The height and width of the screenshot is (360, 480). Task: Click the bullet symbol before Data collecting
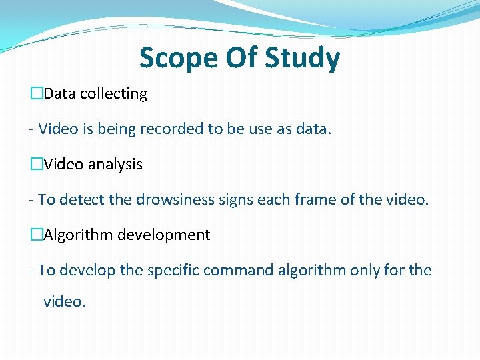pos(36,94)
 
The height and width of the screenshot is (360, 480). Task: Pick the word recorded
pos(174,129)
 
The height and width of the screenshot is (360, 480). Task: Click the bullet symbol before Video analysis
pos(36,165)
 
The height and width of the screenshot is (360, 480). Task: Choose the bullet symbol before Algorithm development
pos(36,235)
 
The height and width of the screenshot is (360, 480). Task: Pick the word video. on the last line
pos(65,301)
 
